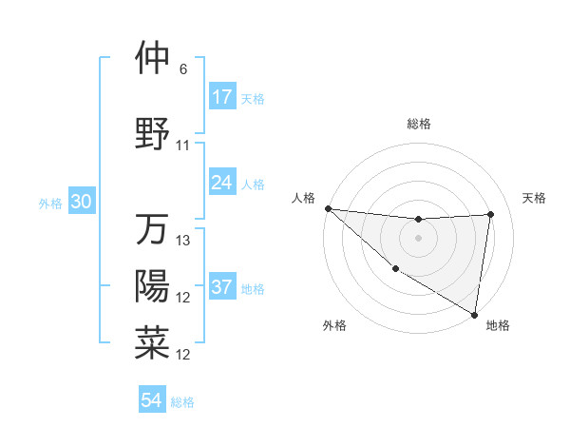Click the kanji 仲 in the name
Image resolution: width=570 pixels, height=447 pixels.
click(x=151, y=58)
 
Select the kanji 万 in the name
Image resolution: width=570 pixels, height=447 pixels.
click(x=151, y=229)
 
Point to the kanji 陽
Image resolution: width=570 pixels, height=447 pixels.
click(x=151, y=286)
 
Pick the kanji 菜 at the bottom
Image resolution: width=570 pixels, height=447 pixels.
click(x=151, y=343)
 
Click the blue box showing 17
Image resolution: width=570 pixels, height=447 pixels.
click(x=222, y=97)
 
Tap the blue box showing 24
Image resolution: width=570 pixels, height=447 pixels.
click(x=222, y=182)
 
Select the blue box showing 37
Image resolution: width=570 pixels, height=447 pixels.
click(x=222, y=288)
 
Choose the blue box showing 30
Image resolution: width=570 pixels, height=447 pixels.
click(x=81, y=202)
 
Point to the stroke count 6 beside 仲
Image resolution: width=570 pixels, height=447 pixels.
click(x=183, y=69)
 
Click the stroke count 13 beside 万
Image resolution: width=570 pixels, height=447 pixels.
click(x=183, y=241)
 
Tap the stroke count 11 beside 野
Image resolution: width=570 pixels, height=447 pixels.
click(x=183, y=146)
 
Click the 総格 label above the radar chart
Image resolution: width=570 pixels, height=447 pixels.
click(x=419, y=124)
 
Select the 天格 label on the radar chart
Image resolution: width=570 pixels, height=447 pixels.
click(x=535, y=198)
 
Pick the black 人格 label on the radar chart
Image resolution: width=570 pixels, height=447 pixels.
click(x=303, y=198)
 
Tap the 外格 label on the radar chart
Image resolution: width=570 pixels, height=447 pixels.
click(x=334, y=325)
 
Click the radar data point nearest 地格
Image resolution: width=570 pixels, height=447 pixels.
click(x=474, y=314)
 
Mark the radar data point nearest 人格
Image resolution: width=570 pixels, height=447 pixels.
click(x=328, y=208)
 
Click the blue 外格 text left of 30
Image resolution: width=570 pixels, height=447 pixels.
click(x=50, y=203)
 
